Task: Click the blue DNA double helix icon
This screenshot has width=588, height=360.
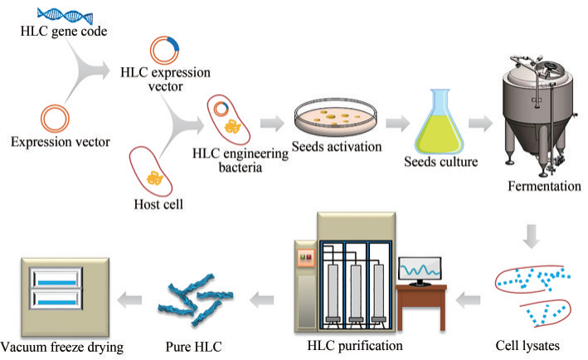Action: coord(65,16)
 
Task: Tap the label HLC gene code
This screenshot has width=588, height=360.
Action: coord(64,32)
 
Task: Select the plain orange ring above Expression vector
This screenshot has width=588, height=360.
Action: coord(55,119)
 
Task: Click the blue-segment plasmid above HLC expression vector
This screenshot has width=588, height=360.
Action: coord(164,50)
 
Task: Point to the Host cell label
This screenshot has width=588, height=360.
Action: coord(158,204)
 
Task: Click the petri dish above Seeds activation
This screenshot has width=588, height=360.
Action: coord(335,117)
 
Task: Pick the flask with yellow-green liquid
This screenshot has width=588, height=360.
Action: coord(439,121)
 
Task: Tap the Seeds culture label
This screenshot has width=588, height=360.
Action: coord(441,162)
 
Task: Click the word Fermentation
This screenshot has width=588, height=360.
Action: coord(545,186)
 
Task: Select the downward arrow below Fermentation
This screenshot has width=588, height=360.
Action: coord(532,236)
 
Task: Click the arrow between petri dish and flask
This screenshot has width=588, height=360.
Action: coord(397,123)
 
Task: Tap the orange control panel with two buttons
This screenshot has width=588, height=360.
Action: coord(305,258)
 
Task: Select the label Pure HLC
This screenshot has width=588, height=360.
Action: coord(193,347)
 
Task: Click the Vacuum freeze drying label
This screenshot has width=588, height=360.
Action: coord(62,348)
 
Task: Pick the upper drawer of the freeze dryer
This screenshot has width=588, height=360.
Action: coord(56,278)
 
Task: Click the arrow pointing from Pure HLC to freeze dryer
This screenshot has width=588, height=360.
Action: coord(129,299)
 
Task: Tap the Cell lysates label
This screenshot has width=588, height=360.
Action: coord(527,346)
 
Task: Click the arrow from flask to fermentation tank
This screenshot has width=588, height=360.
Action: coord(481,123)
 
